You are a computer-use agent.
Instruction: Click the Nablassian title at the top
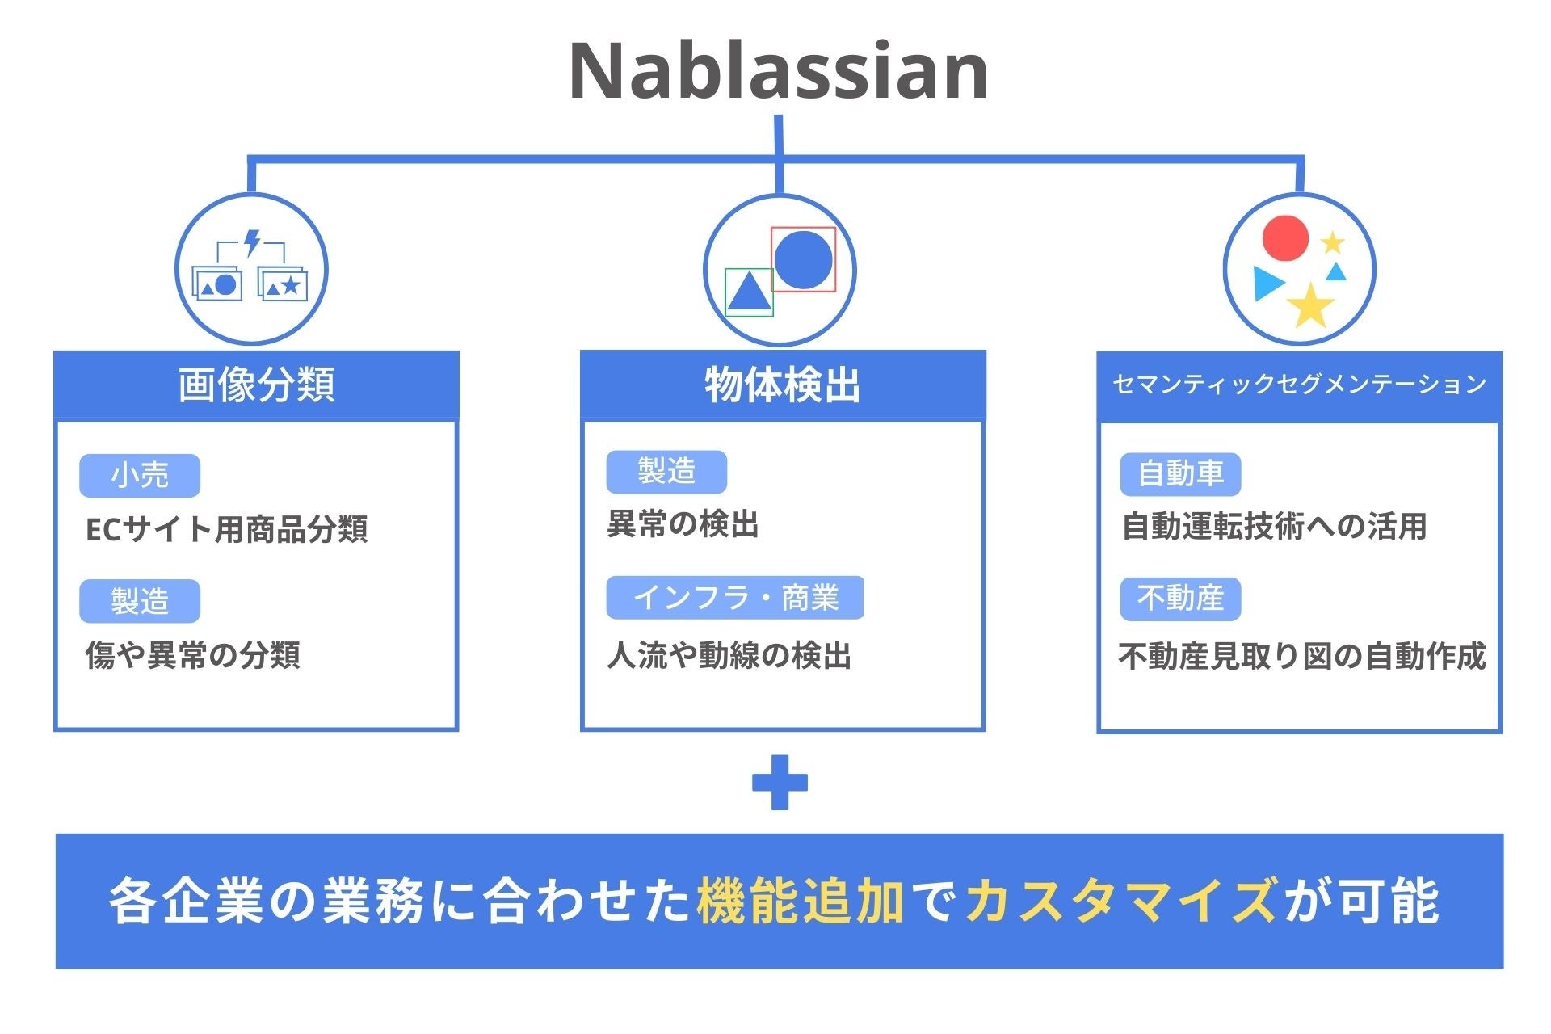(778, 71)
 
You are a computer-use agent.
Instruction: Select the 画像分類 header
(256, 385)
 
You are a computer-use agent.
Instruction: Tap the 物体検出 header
(782, 385)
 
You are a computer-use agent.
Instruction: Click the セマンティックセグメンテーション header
(1299, 385)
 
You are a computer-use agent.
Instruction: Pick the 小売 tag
(140, 475)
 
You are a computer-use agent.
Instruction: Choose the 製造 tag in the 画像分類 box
(140, 601)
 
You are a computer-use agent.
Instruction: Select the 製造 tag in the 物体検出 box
(666, 471)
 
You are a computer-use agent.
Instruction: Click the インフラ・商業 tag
(735, 598)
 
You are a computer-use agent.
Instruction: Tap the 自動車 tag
(1180, 474)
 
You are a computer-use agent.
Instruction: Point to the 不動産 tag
(1180, 599)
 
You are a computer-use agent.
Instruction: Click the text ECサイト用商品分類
(226, 530)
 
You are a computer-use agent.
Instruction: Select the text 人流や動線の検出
(729, 655)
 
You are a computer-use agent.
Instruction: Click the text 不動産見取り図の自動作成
(1301, 656)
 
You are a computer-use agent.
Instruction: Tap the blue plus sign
(780, 782)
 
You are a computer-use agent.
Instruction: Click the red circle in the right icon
(1284, 238)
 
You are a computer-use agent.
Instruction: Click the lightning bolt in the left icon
(252, 242)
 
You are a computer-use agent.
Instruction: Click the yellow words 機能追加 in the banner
(800, 901)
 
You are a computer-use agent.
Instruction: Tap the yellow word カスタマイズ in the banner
(1122, 901)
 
